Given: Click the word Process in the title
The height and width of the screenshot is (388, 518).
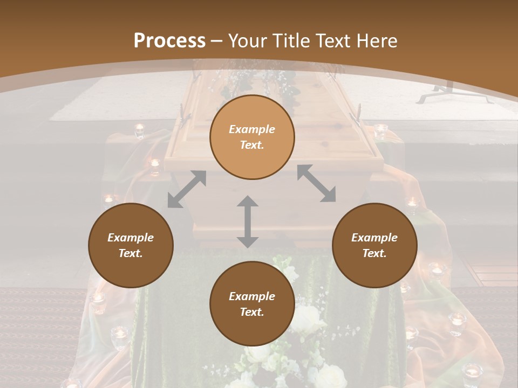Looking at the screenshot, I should coord(169,41).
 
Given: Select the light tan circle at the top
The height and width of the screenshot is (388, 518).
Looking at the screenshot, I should coord(252,137).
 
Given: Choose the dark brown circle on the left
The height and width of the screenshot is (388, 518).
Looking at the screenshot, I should coord(131,245).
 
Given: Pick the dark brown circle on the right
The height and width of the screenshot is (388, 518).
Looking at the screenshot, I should coord(374,245).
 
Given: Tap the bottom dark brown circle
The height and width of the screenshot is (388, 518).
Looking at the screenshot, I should coord(252,303).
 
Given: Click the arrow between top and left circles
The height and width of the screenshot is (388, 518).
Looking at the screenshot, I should coord(187,189).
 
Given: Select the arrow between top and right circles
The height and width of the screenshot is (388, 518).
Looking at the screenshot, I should coord(316,184).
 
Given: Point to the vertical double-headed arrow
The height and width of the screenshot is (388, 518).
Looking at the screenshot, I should coord(248,221).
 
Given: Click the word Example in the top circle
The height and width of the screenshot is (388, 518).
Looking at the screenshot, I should coord(252,129).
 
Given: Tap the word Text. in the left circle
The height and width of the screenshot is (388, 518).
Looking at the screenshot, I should coord(131,253).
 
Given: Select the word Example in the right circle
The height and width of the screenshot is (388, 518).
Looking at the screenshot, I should coord(374,238).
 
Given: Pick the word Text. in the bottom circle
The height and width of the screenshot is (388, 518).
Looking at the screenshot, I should coord(252,312).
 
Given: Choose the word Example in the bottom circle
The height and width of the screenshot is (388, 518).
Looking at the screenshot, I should coord(252,296).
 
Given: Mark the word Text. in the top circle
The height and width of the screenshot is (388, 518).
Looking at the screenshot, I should coord(252,145).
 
